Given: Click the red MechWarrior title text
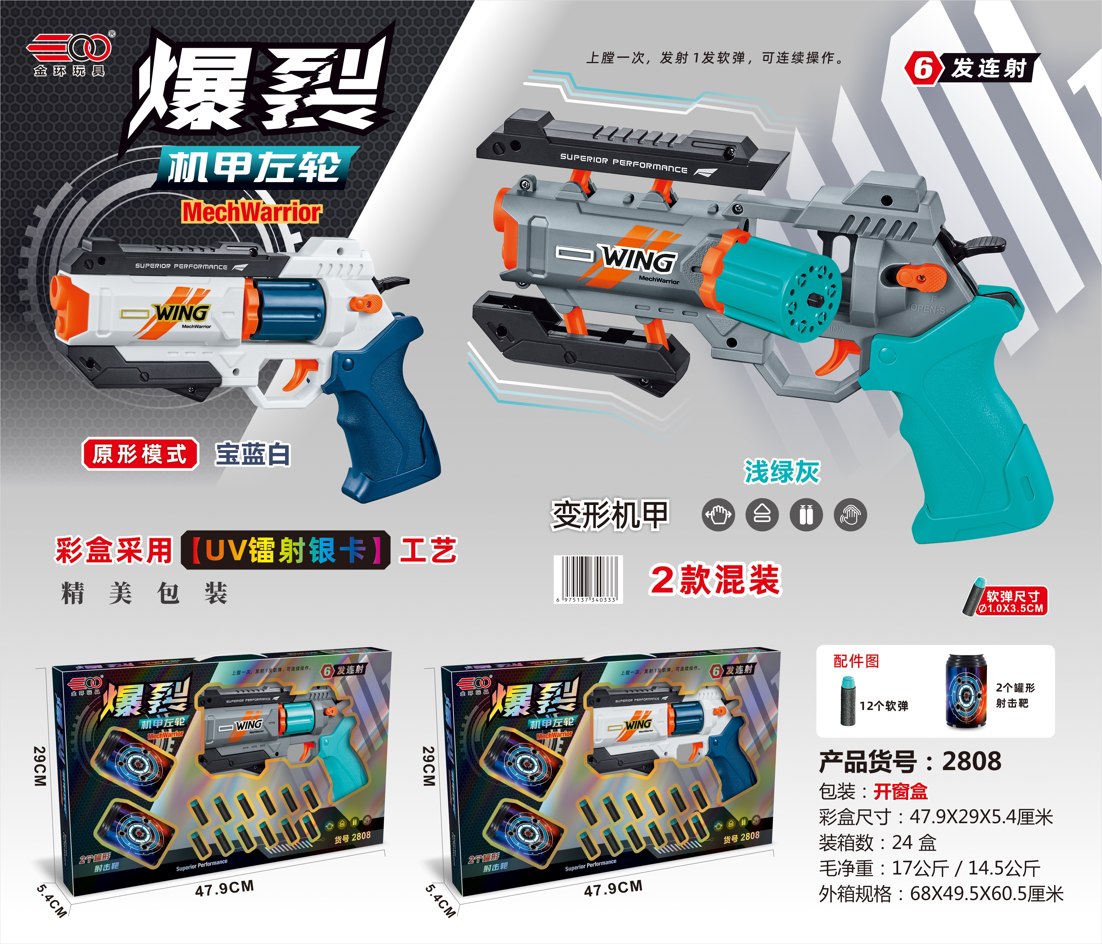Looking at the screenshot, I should coord(252,212).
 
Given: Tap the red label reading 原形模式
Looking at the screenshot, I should coord(140,454).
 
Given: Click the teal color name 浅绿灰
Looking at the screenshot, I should coord(781,472).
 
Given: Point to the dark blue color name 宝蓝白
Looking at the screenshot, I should coord(253,455).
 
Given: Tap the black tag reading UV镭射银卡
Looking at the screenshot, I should coord(286,550).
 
